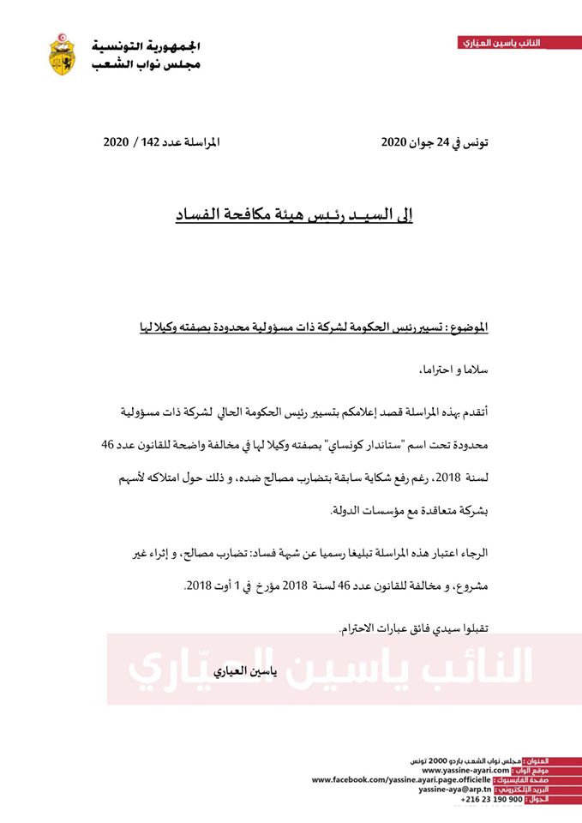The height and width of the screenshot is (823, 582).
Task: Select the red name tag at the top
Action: pos(501,42)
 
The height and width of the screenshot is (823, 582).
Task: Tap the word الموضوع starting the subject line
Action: pos(468,327)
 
